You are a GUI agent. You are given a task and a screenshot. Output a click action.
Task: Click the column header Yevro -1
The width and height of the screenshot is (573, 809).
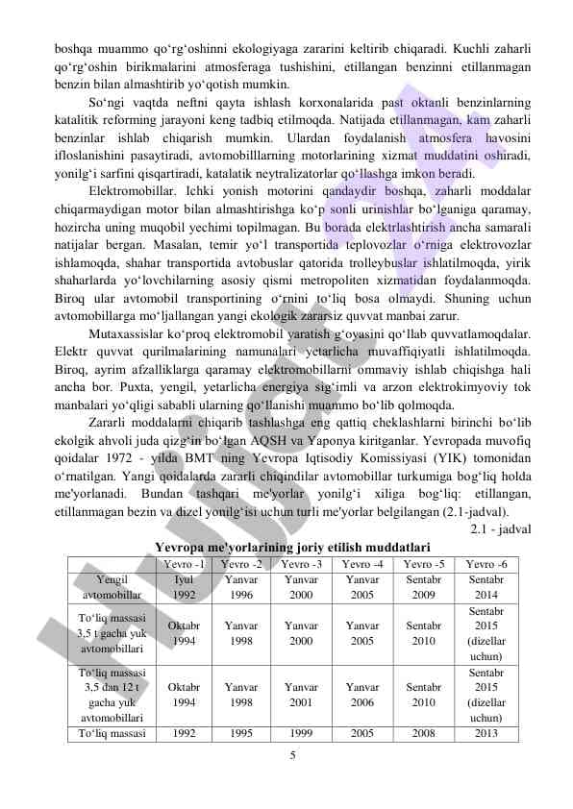click(184, 564)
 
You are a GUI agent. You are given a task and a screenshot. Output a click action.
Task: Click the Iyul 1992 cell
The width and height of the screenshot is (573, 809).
click(184, 587)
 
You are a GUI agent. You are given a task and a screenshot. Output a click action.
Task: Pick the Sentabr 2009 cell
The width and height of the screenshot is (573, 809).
click(423, 587)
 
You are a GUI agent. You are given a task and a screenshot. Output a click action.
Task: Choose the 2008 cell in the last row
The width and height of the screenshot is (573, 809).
click(423, 734)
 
